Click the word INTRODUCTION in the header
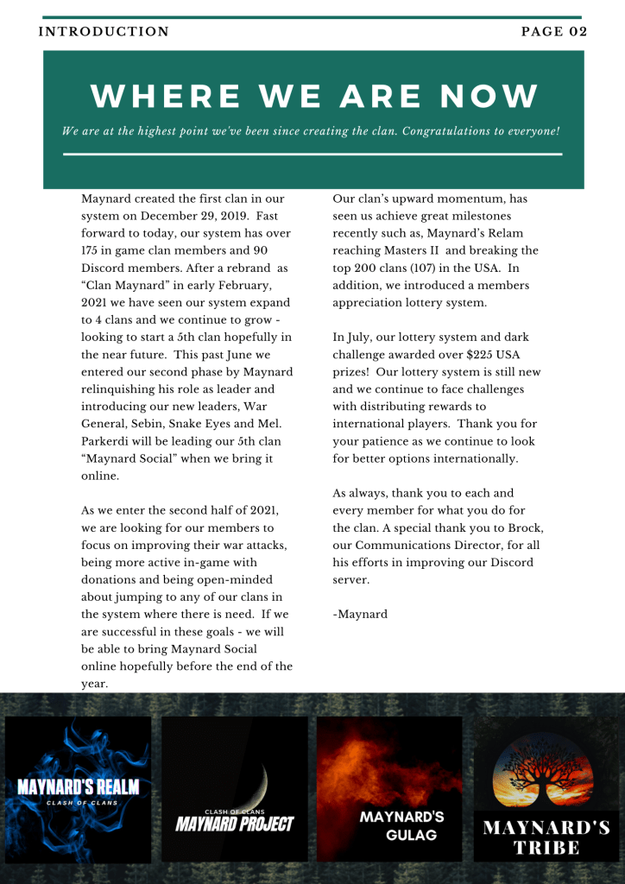[x=104, y=32]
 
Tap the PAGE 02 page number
[x=554, y=32]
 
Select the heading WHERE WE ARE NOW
[x=314, y=96]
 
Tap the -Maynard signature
[x=360, y=614]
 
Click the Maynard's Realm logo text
[x=78, y=787]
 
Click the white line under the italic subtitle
[x=312, y=155]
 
